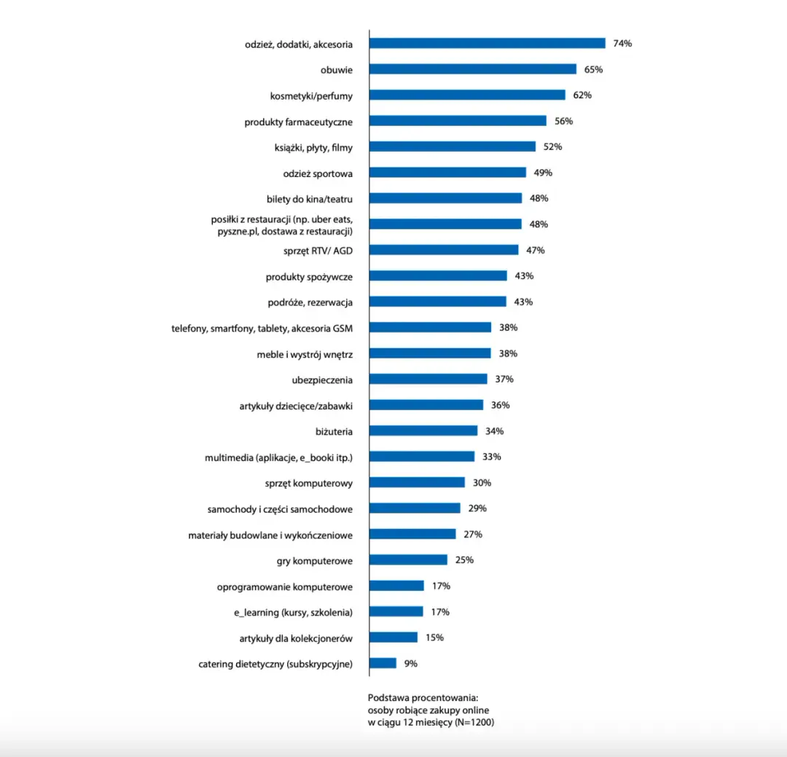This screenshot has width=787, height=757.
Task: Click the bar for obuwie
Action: (472, 69)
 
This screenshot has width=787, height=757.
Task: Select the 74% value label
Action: (622, 44)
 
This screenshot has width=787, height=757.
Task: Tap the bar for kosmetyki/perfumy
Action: (467, 95)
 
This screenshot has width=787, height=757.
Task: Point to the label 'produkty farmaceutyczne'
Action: (298, 122)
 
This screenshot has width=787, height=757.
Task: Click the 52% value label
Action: (552, 147)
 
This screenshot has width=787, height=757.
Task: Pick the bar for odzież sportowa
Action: (447, 173)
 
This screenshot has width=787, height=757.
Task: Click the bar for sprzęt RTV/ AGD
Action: (444, 250)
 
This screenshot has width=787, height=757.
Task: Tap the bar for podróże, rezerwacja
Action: (437, 302)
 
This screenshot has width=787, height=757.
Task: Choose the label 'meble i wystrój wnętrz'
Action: (305, 354)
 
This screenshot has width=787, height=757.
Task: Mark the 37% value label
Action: (504, 380)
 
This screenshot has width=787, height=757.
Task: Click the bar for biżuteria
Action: (423, 431)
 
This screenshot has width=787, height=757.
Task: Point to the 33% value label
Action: (491, 457)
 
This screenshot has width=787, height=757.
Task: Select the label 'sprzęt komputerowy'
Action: (309, 483)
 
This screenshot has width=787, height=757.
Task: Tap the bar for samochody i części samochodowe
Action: (415, 509)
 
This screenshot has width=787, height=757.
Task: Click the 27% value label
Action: (473, 535)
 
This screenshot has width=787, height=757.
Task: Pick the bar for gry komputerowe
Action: (408, 560)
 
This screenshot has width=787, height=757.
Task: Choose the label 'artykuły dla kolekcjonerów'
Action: (296, 638)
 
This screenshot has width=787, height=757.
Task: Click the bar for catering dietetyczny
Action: (383, 664)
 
